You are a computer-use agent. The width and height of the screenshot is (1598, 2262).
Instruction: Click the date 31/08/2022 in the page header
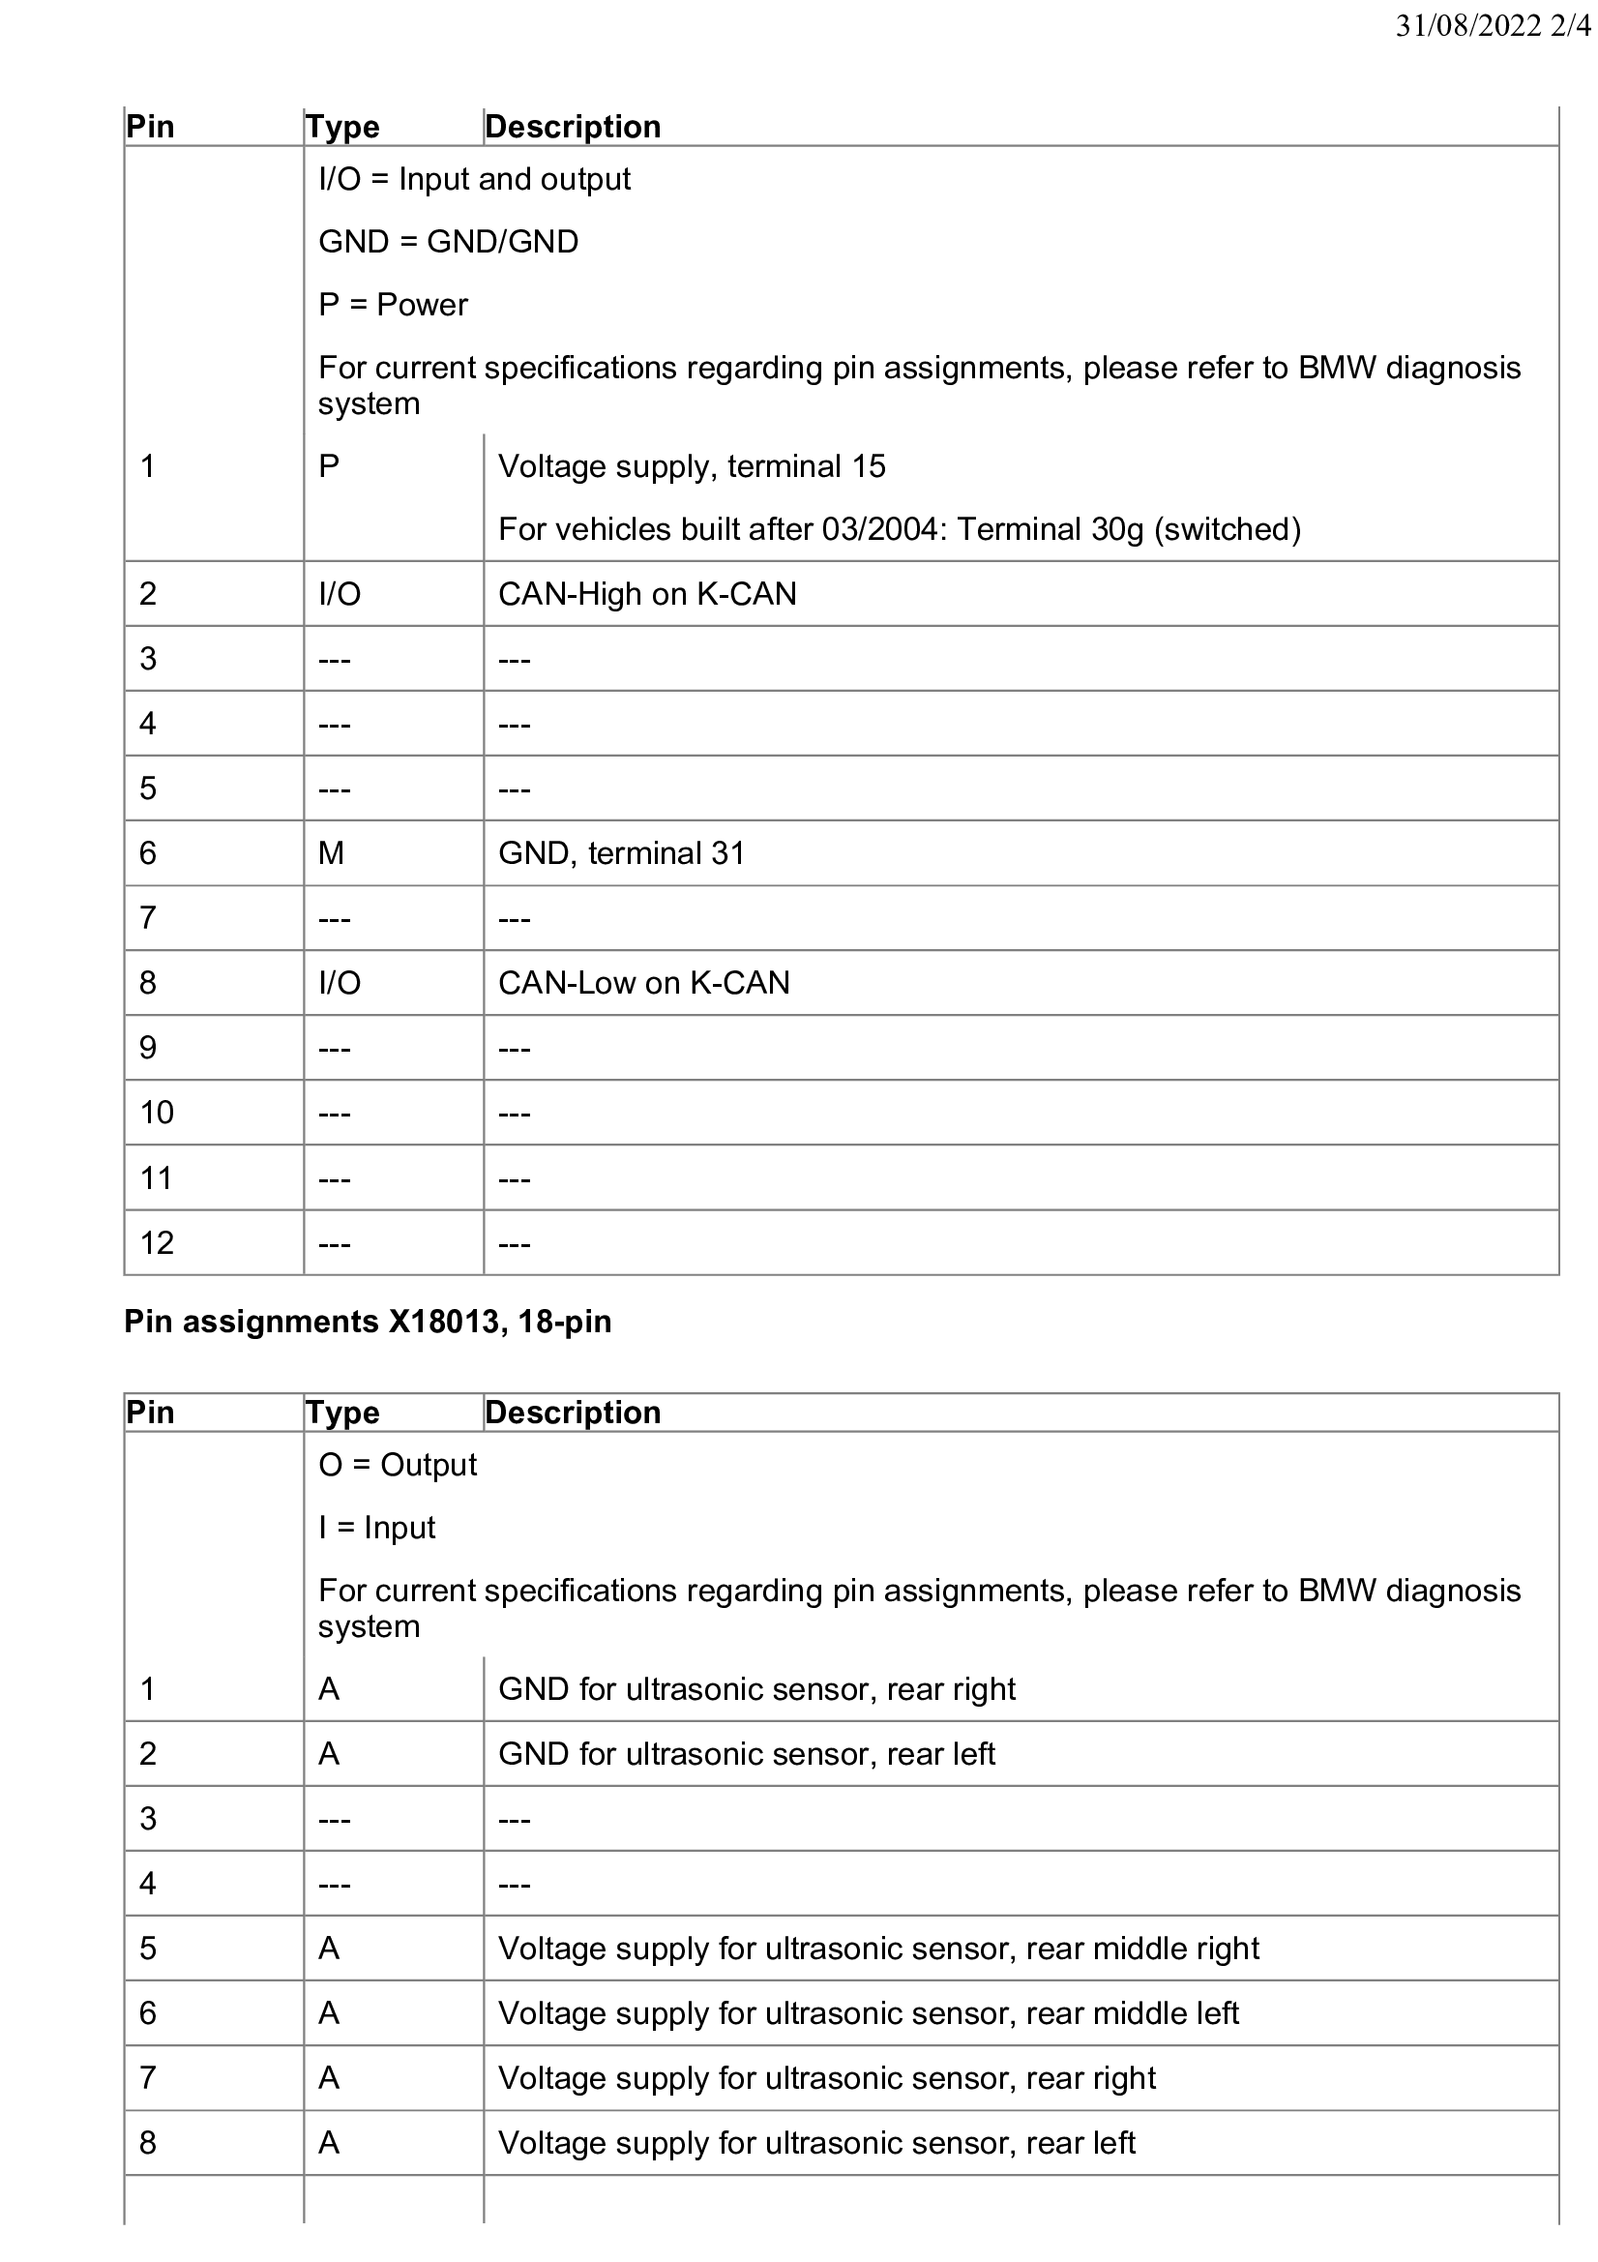coord(1468,26)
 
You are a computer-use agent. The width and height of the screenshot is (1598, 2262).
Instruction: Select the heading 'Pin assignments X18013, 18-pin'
coord(368,1322)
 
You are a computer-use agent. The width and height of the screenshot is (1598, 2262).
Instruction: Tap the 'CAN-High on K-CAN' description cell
coord(647,594)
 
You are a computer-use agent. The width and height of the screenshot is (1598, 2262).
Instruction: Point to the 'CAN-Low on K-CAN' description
coord(643,982)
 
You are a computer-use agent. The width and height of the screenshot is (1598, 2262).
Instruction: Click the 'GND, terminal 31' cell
coord(621,852)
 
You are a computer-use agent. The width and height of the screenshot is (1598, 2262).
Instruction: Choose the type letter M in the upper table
coord(331,852)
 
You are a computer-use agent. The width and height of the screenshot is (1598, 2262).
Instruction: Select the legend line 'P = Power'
coord(393,305)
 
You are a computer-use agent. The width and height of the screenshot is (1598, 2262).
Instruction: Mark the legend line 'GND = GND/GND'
coord(448,241)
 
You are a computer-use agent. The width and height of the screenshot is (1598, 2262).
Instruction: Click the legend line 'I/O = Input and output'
coord(474,179)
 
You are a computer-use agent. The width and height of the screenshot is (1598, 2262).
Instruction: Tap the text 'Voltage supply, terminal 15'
coord(692,466)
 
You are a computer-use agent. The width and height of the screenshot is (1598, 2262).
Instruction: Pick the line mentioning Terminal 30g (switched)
coord(899,529)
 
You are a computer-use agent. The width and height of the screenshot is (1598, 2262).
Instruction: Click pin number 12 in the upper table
coord(157,1242)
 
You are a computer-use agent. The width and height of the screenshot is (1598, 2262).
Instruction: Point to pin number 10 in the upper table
coord(157,1113)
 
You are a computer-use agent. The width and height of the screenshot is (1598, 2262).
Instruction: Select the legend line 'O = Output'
coord(397,1465)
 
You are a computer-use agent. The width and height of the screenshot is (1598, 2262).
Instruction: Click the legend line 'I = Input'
coord(376,1527)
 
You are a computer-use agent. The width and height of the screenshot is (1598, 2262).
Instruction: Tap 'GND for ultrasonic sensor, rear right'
coord(756,1688)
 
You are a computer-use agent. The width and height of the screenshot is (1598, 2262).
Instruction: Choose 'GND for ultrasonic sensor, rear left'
coord(747,1754)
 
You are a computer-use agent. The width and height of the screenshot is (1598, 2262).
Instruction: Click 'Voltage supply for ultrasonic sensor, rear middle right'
coord(878,1948)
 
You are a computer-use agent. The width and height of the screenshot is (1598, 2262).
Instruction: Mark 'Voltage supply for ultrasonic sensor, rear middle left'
coord(868,2012)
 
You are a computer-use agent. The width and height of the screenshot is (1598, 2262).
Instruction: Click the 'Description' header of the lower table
coord(573,1412)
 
